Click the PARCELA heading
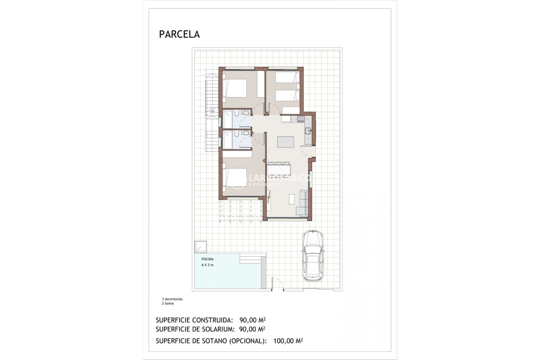tap(179, 34)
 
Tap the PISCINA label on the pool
tap(207, 259)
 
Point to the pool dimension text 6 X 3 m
tap(208, 265)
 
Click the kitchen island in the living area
tap(285, 142)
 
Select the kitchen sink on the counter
tap(308, 130)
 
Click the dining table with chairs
tap(278, 170)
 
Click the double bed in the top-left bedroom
tap(235, 88)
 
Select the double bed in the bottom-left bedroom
tap(235, 177)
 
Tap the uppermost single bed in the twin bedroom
tap(287, 77)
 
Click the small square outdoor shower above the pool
tap(201, 247)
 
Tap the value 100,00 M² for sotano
tap(288, 341)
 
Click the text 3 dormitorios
tap(172, 299)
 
